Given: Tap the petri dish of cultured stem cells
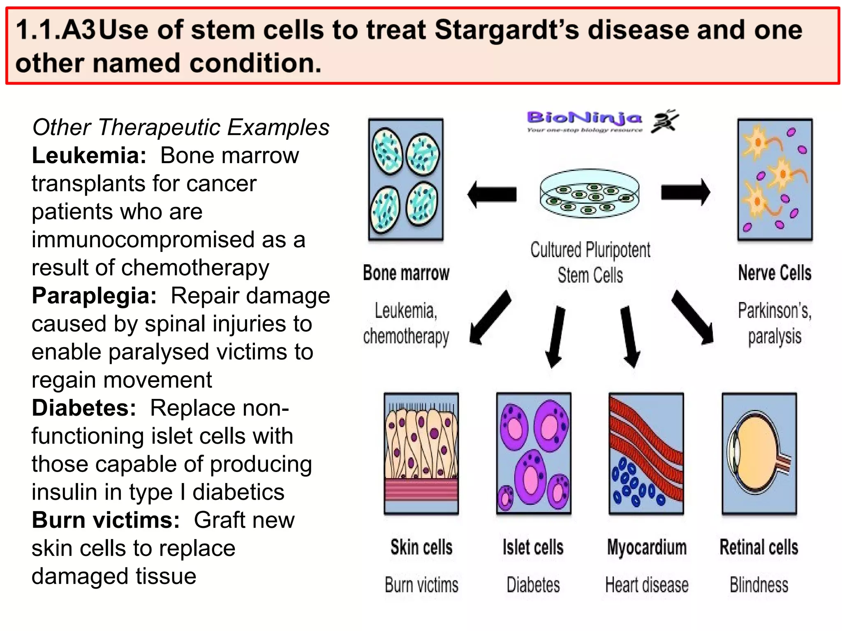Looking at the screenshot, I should pyautogui.click(x=589, y=193).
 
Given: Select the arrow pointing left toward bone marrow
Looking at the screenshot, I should pyautogui.click(x=492, y=194).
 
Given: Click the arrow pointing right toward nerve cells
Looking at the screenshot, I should pyautogui.click(x=685, y=192).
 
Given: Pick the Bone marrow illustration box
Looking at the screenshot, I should pyautogui.click(x=405, y=179).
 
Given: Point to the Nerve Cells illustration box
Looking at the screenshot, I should pyautogui.click(x=775, y=179).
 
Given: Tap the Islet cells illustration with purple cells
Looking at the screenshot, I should pyautogui.click(x=533, y=453).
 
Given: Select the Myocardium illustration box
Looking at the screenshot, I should pyautogui.click(x=646, y=453).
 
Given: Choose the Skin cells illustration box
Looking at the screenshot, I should pyautogui.click(x=421, y=453).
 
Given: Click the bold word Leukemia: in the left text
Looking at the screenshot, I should pyautogui.click(x=89, y=156).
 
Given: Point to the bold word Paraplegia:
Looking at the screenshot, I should pyautogui.click(x=94, y=296).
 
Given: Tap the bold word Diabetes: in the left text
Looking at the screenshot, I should pyautogui.click(x=84, y=408).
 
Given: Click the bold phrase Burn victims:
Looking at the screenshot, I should pyautogui.click(x=106, y=520).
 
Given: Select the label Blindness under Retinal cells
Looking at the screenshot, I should pyautogui.click(x=759, y=585).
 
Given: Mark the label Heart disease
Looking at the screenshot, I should pyautogui.click(x=646, y=585).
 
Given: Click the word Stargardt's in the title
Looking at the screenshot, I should pyautogui.click(x=507, y=30).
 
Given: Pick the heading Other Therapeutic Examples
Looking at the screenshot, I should pyautogui.click(x=180, y=127).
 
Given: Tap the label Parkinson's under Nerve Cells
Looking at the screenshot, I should pyautogui.click(x=774, y=311).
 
